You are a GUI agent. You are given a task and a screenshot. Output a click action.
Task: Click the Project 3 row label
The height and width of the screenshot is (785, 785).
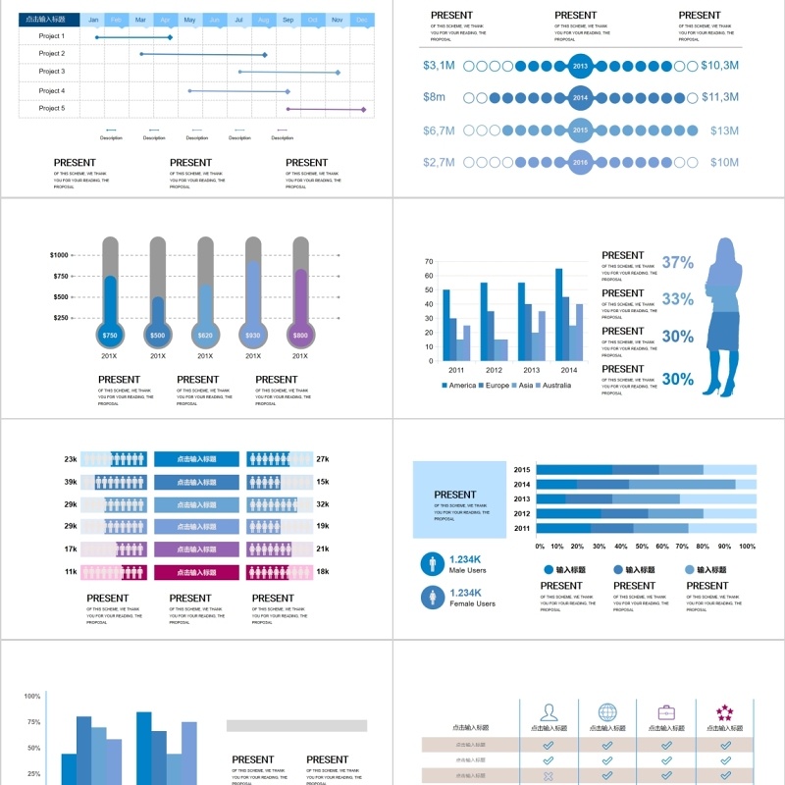51,72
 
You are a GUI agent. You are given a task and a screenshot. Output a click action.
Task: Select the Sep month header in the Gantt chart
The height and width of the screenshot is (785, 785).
288,20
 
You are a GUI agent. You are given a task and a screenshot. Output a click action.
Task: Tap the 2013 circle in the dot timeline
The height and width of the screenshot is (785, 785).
580,67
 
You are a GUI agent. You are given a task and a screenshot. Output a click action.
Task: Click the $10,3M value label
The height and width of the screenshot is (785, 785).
719,66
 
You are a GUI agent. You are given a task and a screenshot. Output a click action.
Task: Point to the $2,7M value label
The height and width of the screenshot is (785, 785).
439,162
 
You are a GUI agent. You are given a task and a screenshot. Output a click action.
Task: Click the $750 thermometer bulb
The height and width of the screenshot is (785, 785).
110,336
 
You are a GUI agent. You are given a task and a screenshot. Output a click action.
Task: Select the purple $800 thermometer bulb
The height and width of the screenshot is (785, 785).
300,336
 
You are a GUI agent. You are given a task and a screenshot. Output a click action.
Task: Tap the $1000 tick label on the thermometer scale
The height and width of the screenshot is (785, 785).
59,255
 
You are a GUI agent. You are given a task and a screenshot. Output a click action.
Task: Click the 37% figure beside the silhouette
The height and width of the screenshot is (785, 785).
677,263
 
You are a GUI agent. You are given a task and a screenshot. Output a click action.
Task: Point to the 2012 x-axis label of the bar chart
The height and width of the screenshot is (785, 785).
494,370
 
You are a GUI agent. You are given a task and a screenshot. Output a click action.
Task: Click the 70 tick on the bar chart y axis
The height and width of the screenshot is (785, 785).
429,262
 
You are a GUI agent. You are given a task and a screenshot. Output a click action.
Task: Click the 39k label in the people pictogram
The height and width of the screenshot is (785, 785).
71,482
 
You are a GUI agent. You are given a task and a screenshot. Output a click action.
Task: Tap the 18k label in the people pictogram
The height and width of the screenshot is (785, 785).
323,572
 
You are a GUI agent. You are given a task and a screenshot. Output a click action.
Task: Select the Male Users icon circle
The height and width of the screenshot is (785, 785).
431,563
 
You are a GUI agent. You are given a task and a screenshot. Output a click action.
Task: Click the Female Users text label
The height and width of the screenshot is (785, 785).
472,603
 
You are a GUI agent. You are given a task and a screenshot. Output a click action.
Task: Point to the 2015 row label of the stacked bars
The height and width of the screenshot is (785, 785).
522,469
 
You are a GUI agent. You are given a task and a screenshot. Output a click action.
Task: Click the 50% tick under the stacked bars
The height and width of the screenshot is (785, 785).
643,547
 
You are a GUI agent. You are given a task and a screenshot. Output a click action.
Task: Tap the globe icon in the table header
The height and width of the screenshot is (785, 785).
607,712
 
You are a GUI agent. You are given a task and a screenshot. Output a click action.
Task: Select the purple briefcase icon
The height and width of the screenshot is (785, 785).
666,712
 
